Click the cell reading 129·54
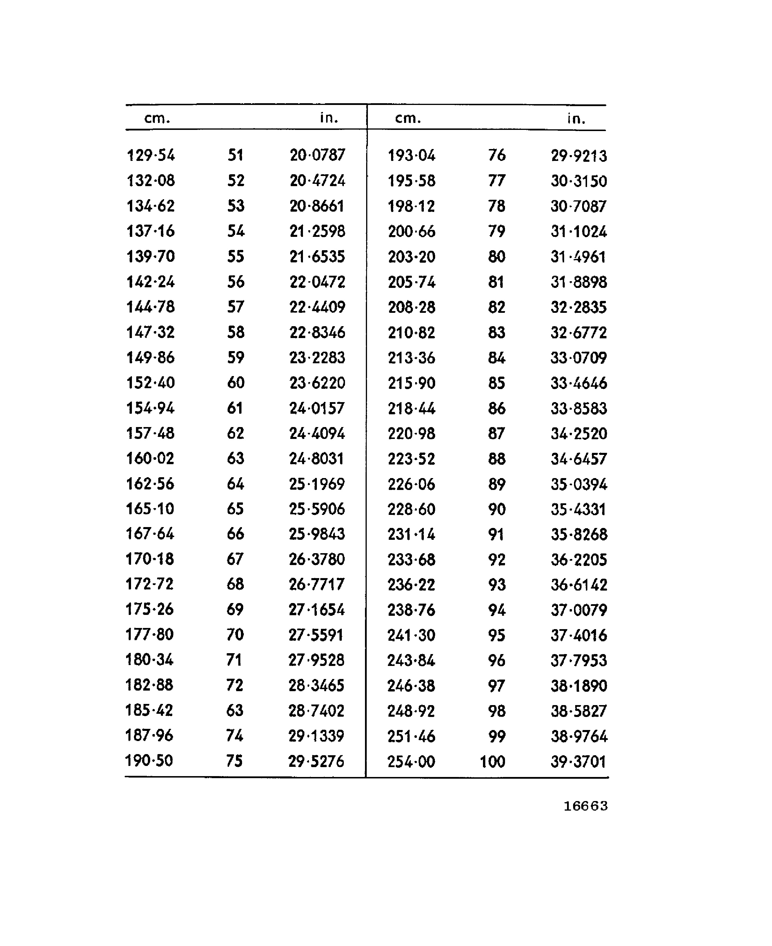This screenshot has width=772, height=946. pyautogui.click(x=151, y=155)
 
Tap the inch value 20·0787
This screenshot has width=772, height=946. pyautogui.click(x=317, y=155)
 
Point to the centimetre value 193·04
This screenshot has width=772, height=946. pyautogui.click(x=411, y=156)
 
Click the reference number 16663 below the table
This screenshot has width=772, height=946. pyautogui.click(x=585, y=806)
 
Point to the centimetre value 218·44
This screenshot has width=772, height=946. pyautogui.click(x=411, y=408)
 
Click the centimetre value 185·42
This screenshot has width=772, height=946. pyautogui.click(x=149, y=710)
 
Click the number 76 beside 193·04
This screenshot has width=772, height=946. pyautogui.click(x=497, y=155)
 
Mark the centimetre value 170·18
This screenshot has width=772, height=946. pyautogui.click(x=149, y=559)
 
